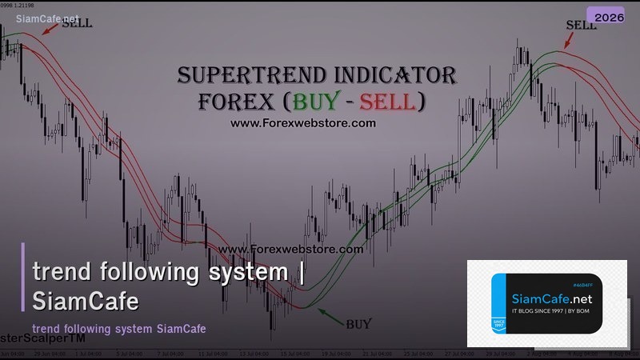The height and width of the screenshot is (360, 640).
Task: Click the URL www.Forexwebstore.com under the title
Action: click(302, 123)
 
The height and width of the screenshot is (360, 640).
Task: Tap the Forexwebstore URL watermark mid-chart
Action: click(290, 249)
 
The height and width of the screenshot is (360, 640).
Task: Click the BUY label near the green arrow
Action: click(358, 324)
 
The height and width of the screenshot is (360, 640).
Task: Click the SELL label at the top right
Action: click(581, 25)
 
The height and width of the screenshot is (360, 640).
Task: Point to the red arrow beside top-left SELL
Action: click(52, 28)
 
